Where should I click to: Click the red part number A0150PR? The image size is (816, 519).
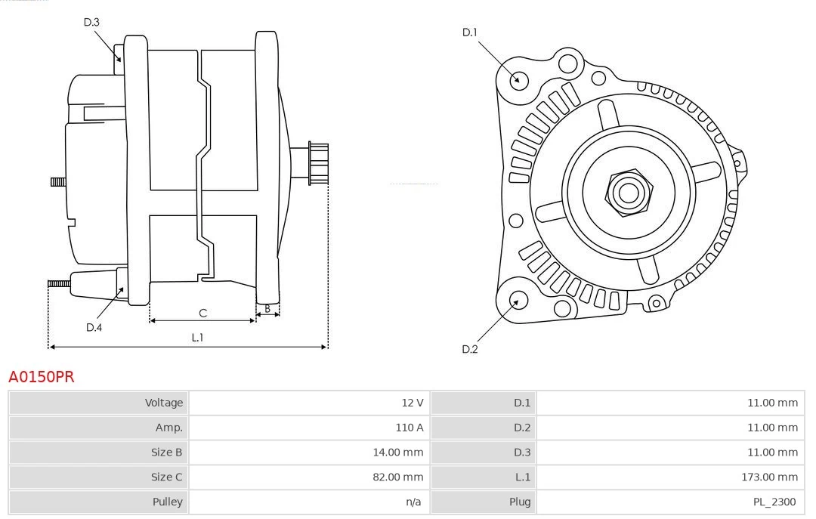pyautogui.click(x=41, y=377)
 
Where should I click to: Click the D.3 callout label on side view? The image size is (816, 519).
pyautogui.click(x=91, y=23)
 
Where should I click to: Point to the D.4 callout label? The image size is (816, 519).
pyautogui.click(x=94, y=327)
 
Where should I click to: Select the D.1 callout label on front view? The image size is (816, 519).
pyautogui.click(x=470, y=32)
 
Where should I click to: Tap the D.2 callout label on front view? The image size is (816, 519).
pyautogui.click(x=470, y=349)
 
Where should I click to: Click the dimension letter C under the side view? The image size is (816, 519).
pyautogui.click(x=202, y=313)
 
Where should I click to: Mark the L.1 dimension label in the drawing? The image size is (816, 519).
pyautogui.click(x=196, y=338)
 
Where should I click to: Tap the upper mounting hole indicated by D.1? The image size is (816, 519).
pyautogui.click(x=518, y=79)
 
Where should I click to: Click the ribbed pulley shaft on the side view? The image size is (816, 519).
pyautogui.click(x=317, y=162)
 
